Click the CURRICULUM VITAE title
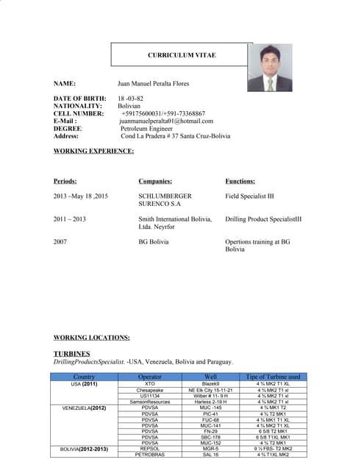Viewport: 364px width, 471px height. (182, 55)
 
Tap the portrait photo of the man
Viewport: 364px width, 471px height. (270, 70)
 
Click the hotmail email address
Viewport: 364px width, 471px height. (166, 121)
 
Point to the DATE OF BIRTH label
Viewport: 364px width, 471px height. (79, 99)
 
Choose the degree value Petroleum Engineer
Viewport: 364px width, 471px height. (151, 129)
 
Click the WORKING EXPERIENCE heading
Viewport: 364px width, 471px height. (94, 151)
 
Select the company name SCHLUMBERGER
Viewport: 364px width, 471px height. (165, 196)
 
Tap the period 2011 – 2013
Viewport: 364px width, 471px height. (70, 219)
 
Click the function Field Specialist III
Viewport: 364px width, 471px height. (249, 196)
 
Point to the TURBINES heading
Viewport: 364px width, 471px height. (72, 354)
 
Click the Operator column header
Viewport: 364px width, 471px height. (149, 377)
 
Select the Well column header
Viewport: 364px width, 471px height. (210, 377)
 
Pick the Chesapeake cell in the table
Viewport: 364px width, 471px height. (149, 389)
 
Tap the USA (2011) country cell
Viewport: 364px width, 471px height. (85, 383)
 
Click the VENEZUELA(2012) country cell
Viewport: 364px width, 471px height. (84, 407)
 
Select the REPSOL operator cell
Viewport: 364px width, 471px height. (149, 447)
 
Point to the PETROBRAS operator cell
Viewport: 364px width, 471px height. (149, 454)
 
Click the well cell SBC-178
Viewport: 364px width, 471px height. (211, 436)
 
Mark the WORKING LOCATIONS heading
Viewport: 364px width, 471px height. (92, 337)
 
